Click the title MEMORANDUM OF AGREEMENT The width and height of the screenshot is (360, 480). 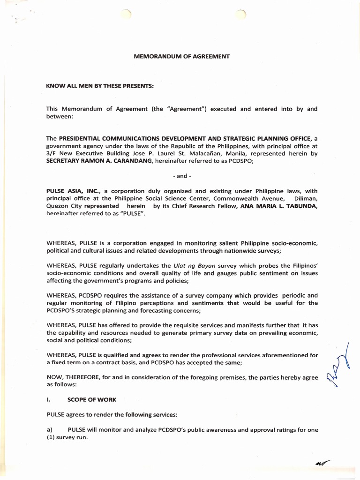pos(181,57)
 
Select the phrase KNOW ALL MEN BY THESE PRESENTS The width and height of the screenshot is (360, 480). pos(100,86)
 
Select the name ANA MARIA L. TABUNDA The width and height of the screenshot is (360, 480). pos(279,206)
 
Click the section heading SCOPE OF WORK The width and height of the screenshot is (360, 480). pos(92,400)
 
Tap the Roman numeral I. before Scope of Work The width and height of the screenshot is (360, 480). pos(49,400)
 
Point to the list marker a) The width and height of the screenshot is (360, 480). pos(49,430)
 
